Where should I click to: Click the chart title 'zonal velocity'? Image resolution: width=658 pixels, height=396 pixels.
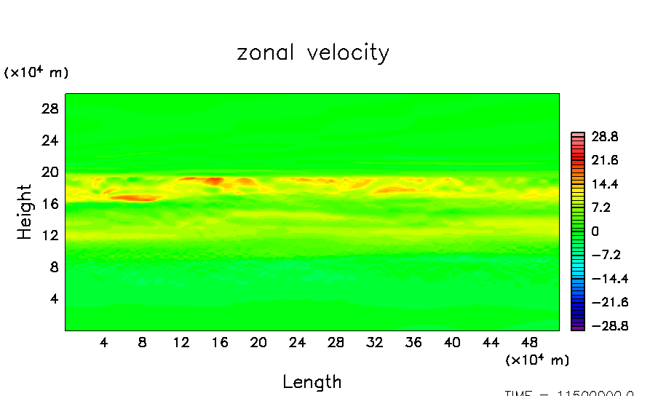[313, 53]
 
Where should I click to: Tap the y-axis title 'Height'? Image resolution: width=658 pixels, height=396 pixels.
[25, 212]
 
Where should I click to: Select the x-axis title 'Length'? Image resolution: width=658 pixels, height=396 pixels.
[312, 381]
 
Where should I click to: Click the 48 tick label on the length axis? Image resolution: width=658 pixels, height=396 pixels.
[529, 342]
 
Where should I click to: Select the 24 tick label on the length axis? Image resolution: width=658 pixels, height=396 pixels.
[297, 342]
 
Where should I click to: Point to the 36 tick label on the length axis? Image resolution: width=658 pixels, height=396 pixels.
[413, 342]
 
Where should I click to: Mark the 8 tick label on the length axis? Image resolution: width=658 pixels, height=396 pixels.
[142, 342]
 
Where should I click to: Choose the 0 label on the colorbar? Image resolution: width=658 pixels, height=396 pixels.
[595, 231]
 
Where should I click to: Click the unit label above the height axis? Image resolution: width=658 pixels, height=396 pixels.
[36, 72]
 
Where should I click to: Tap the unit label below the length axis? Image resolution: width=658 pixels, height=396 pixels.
[537, 360]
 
